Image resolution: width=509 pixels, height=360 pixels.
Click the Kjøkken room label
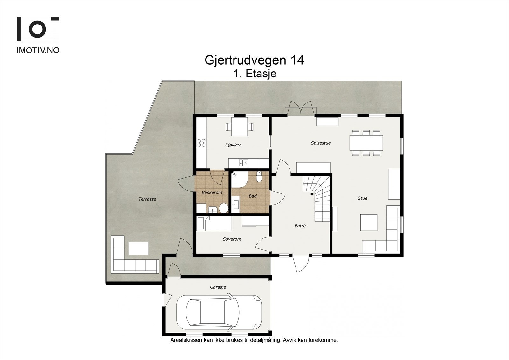coord(233,145)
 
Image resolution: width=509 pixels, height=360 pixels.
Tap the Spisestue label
coord(321,143)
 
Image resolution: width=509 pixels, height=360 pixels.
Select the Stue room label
coord(362,198)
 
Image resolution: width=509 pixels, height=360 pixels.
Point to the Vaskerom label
coord(212,192)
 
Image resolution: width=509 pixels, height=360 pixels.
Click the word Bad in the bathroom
coord(253,196)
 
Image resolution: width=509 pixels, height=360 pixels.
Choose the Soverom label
coord(232,239)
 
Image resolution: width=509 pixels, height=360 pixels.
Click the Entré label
coord(300,226)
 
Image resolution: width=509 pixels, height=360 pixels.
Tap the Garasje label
coord(218,287)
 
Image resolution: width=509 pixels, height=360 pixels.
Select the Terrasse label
coord(147,199)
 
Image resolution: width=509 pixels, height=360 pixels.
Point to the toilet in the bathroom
coord(259,177)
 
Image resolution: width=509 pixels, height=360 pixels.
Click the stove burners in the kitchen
coord(201,143)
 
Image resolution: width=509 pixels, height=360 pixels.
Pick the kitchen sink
coord(244,163)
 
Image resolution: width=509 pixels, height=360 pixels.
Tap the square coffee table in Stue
coord(369,222)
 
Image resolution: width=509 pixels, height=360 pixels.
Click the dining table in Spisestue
coord(366,143)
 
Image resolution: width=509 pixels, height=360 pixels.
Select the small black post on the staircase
coord(312,194)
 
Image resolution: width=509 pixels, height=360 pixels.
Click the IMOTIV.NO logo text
coord(38,50)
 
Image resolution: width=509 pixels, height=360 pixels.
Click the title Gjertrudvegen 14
coord(254,60)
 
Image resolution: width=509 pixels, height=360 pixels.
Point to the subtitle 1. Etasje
coord(255,74)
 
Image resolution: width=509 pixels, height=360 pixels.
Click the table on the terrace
coord(138,248)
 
